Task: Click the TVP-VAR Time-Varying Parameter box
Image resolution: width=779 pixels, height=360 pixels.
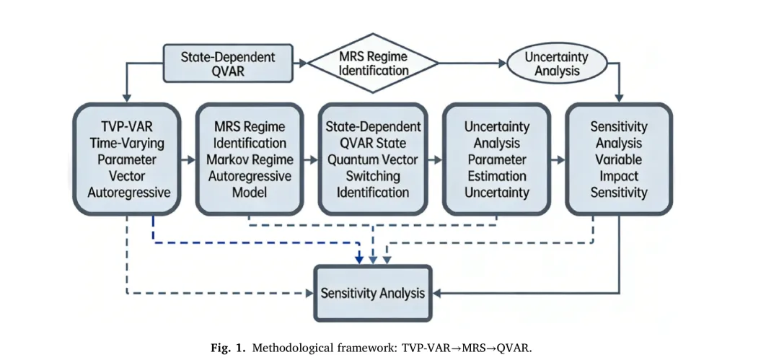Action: (127, 159)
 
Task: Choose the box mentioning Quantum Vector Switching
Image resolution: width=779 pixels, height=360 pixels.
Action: (373, 159)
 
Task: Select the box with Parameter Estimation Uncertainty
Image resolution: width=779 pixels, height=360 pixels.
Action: (497, 159)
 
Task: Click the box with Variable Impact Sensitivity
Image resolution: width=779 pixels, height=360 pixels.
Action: (619, 159)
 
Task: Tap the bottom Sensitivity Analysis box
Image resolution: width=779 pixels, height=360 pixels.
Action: (373, 293)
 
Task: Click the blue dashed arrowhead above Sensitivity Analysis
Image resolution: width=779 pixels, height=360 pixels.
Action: (359, 259)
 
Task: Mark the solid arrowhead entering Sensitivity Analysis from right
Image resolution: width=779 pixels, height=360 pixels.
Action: (439, 293)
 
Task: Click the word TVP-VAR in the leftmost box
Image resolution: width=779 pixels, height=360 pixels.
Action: (127, 126)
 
